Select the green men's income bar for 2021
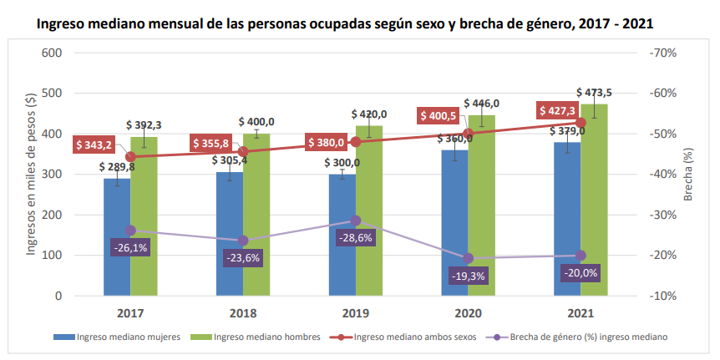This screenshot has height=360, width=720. click(594, 200)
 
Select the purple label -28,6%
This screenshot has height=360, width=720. click(357, 238)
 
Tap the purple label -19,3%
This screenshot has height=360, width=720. click(469, 276)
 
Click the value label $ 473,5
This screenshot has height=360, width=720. click(595, 92)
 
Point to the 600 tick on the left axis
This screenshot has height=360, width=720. click(52, 53)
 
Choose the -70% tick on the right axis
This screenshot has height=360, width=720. click(662, 53)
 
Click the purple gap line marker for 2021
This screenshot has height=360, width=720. click(581, 256)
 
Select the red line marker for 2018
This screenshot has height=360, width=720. click(243, 151)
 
